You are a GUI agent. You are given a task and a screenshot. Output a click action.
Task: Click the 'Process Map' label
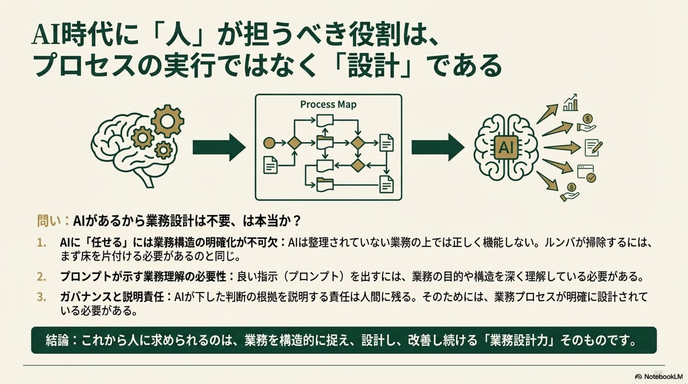click(x=328, y=105)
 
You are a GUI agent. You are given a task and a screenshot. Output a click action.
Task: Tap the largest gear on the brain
click(x=167, y=121)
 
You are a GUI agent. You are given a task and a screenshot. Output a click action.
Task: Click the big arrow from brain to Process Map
click(x=219, y=147)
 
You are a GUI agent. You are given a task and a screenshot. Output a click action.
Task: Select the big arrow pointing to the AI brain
click(x=438, y=147)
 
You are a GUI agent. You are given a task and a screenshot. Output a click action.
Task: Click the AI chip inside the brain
click(x=506, y=147)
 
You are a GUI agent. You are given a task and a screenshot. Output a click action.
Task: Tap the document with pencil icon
click(x=593, y=148)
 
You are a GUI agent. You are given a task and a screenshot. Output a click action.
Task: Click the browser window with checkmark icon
click(x=586, y=173)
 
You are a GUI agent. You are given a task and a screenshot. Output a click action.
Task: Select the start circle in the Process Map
click(x=269, y=143)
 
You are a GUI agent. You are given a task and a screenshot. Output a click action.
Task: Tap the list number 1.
click(x=42, y=243)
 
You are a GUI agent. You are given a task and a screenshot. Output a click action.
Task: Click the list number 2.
click(x=42, y=277)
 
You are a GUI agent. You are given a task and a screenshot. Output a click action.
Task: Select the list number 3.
click(x=42, y=297)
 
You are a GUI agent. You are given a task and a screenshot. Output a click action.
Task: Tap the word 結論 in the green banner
click(x=57, y=340)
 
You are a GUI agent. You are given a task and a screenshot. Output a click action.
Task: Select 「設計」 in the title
click(x=373, y=66)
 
